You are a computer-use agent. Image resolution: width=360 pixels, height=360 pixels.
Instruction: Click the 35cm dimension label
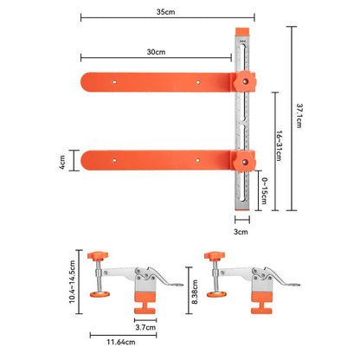coord(165,12)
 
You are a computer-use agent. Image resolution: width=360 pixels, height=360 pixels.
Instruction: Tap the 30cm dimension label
coord(156,52)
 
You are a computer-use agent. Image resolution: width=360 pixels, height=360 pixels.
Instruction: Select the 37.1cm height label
coord(299,116)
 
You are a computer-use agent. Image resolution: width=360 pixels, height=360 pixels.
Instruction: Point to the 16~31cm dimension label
coord(279,145)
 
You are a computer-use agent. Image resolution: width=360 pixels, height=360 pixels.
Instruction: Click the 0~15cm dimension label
coord(264,190)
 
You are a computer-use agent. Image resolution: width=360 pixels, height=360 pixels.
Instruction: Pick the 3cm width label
coord(241,232)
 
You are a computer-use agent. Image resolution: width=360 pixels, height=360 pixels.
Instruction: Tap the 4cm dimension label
coord(62,162)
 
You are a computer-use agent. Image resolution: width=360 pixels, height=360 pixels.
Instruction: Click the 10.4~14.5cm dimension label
coord(72,282)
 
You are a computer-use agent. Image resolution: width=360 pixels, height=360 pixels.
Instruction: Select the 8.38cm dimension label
coord(195,292)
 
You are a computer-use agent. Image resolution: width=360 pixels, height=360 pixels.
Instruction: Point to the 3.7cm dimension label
coord(145,327)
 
